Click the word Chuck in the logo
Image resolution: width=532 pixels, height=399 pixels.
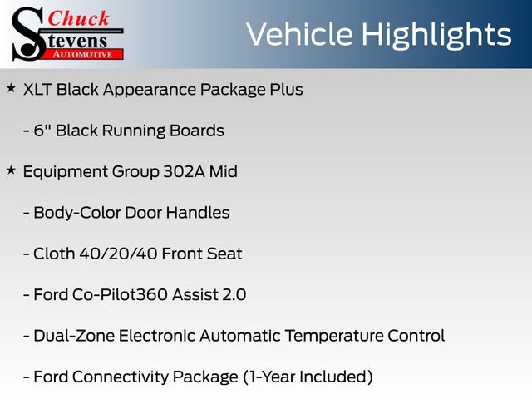point(78,18)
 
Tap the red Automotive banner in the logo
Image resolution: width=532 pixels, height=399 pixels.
point(83,54)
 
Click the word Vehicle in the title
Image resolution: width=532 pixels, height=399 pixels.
point(299,34)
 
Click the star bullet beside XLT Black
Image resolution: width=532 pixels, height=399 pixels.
point(11,88)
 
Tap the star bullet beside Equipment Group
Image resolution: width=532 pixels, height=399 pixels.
point(11,170)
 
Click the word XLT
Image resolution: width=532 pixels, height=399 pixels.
point(37,90)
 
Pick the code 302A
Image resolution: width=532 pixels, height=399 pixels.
point(185,172)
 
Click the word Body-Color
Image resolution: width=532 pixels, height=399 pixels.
point(77,214)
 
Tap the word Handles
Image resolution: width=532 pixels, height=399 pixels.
point(198,213)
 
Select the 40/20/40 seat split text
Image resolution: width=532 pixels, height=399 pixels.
point(118,254)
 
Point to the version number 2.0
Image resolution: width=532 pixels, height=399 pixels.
point(234,295)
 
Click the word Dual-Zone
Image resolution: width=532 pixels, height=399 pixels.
point(74,336)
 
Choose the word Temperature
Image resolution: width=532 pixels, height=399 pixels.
point(334,337)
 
